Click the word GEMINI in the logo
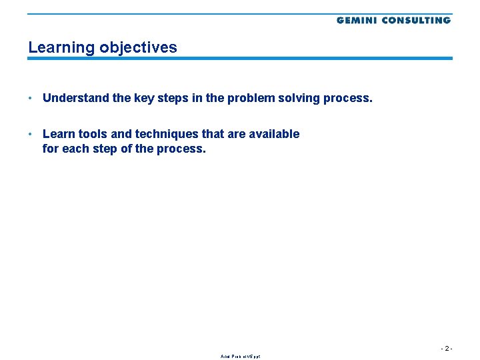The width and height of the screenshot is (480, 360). tap(357, 20)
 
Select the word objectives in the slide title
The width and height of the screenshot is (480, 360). tap(138, 47)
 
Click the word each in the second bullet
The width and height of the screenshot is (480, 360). tap(74, 149)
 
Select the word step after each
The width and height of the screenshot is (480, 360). tap(104, 149)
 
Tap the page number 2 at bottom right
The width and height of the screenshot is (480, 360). tap(447, 348)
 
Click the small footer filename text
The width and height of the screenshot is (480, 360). tap(240, 357)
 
